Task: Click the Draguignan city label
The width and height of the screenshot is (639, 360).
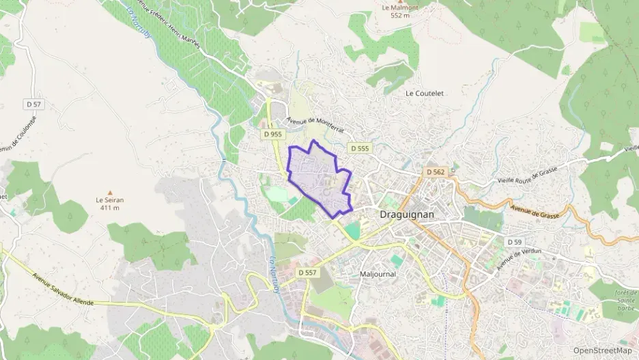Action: pyautogui.click(x=406, y=214)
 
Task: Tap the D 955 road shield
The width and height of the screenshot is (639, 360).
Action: pyautogui.click(x=272, y=135)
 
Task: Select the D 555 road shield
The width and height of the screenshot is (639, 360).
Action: pyautogui.click(x=359, y=148)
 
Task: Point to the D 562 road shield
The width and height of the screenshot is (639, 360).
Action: pyautogui.click(x=436, y=172)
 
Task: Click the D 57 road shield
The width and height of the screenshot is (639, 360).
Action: pyautogui.click(x=33, y=104)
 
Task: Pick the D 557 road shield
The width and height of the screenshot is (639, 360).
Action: pyautogui.click(x=308, y=273)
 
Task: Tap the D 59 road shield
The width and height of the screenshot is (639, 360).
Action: pyautogui.click(x=514, y=243)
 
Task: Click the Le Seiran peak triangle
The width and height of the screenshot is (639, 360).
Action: pyautogui.click(x=109, y=192)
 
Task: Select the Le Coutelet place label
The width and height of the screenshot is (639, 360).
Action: pyautogui.click(x=425, y=93)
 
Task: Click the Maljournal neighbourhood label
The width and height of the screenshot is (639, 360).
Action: pyautogui.click(x=378, y=274)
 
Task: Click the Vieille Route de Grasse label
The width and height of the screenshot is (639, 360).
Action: pyautogui.click(x=524, y=177)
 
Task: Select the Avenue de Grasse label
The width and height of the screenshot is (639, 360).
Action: pyautogui.click(x=534, y=209)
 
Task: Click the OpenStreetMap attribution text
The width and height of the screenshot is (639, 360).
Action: pyautogui.click(x=602, y=350)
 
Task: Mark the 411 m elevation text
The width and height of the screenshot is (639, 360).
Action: pyautogui.click(x=109, y=208)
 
